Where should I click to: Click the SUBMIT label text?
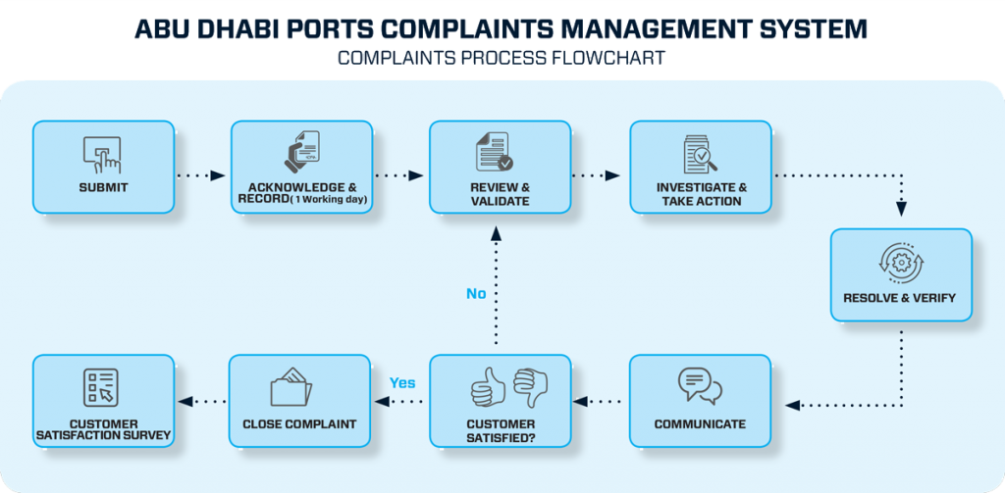click(103, 187)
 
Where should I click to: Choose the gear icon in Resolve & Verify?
click(900, 263)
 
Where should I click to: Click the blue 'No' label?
click(476, 293)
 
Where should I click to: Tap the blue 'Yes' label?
click(402, 382)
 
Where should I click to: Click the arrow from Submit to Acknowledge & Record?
click(202, 175)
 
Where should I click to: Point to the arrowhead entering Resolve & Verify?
click(901, 209)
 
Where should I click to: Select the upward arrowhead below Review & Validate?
click(496, 233)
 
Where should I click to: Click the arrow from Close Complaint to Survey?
click(201, 401)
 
